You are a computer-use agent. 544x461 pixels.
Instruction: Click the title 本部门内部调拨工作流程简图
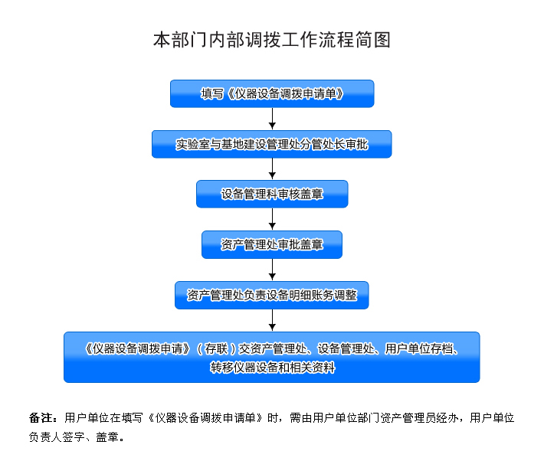click(x=272, y=40)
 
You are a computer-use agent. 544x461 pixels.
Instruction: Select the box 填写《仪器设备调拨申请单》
click(x=272, y=93)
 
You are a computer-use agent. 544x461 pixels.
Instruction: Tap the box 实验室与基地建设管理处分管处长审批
click(x=272, y=144)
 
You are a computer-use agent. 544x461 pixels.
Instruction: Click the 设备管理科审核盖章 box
click(x=272, y=195)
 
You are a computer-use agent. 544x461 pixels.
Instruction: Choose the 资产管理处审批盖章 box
click(x=272, y=244)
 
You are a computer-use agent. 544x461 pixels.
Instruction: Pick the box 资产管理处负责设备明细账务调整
click(x=272, y=295)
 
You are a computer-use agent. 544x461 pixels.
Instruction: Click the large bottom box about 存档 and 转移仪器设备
click(x=272, y=358)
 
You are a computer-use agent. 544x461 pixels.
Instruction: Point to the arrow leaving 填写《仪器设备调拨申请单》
click(x=272, y=119)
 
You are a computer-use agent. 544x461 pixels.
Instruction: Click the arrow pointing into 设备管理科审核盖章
click(x=272, y=169)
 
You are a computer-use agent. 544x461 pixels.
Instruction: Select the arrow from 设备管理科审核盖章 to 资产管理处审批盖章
click(x=272, y=219)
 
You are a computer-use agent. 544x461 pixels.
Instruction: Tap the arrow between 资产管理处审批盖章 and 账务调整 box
click(x=272, y=270)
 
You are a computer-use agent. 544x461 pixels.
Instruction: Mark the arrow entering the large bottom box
click(x=272, y=321)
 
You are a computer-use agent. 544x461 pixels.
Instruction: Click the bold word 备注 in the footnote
click(x=41, y=417)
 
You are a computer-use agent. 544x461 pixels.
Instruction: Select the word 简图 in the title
click(x=373, y=40)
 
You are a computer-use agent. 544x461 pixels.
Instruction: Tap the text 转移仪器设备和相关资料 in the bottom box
click(x=272, y=368)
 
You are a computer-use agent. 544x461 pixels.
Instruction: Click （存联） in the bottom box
click(x=216, y=348)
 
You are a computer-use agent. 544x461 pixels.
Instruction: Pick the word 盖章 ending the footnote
click(x=107, y=436)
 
